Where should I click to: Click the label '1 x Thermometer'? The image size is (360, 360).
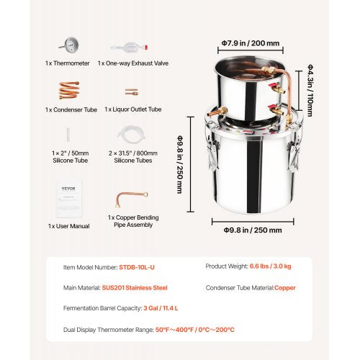(x=67, y=63)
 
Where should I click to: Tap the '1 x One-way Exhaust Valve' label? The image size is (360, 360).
(x=132, y=63)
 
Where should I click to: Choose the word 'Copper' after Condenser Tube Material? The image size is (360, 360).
(x=285, y=287)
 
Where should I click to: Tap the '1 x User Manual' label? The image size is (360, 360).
(x=67, y=226)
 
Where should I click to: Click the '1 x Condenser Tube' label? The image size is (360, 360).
(x=67, y=109)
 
